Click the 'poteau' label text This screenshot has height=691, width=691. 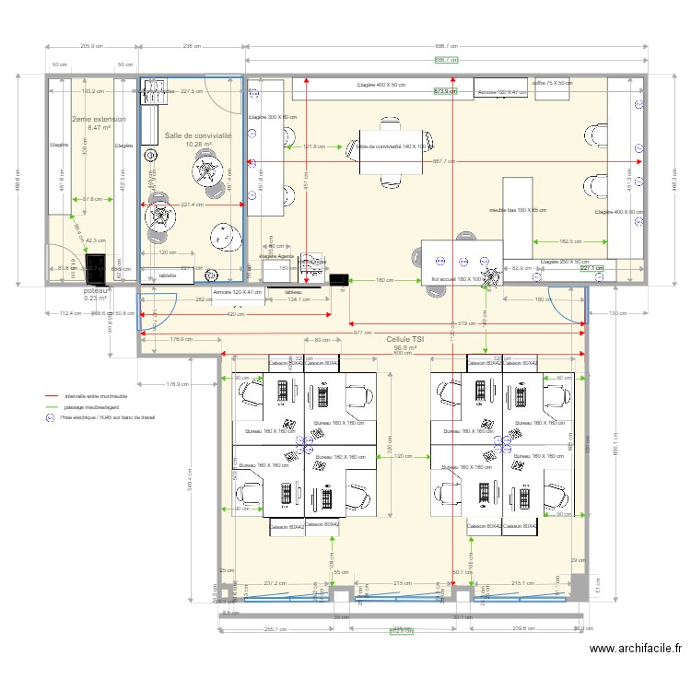point(96,289)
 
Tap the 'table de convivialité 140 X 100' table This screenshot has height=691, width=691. point(396,146)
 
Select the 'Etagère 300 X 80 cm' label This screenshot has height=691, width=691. point(274,118)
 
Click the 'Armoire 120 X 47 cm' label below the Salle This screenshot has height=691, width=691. point(238,292)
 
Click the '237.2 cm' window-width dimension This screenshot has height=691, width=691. point(274,583)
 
